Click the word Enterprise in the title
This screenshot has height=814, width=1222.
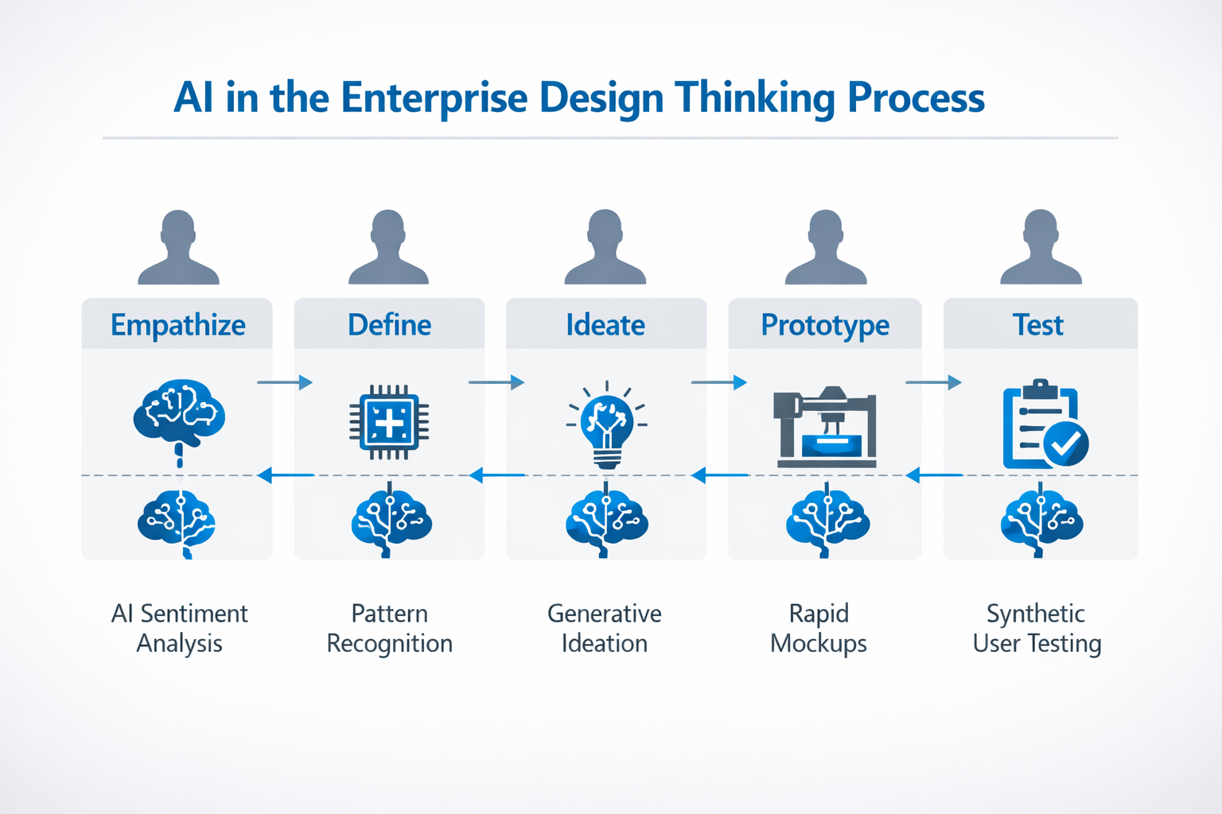tap(434, 99)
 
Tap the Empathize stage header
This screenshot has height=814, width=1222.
tap(177, 325)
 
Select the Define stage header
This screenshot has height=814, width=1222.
tap(389, 325)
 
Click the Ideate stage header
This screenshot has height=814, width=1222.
tap(605, 325)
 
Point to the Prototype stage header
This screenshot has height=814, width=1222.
tap(825, 325)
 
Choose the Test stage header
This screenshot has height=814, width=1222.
tap(1038, 325)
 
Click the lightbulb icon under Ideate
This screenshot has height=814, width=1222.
tap(607, 424)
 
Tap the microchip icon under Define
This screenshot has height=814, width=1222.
tap(389, 422)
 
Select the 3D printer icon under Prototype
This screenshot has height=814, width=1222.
tap(825, 426)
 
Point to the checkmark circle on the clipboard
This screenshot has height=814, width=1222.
tap(1065, 444)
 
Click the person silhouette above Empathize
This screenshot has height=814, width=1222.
tap(178, 248)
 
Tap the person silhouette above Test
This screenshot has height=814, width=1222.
tap(1041, 248)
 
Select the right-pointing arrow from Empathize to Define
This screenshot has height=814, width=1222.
tap(284, 383)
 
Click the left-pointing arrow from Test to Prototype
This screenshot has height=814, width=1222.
tap(934, 475)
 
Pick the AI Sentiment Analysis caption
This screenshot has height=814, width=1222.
tap(180, 628)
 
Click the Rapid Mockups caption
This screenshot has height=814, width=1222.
tap(819, 628)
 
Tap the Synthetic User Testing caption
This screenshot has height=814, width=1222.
tap(1037, 628)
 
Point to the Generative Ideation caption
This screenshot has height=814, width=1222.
tap(605, 628)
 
